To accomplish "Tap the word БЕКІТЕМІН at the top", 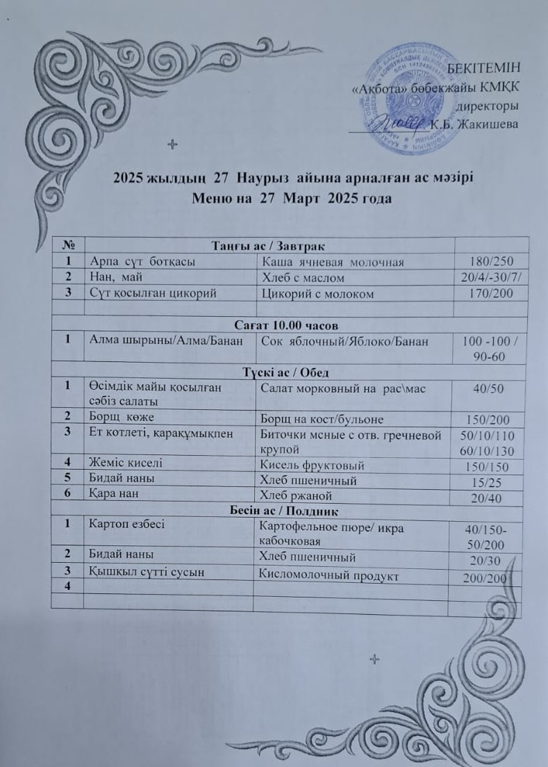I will [x=483, y=68].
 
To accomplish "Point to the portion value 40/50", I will [x=488, y=389].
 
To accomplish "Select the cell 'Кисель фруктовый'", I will [x=312, y=465].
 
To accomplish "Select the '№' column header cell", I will [x=69, y=245].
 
